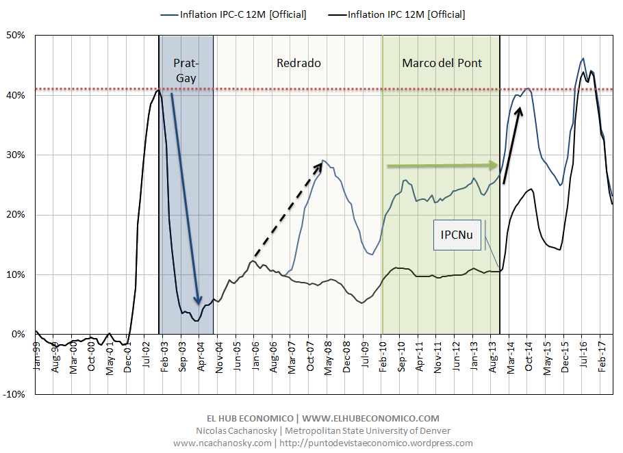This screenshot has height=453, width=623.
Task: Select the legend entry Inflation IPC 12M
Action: pos(407,14)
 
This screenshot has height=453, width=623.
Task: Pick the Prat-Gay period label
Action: pos(186,70)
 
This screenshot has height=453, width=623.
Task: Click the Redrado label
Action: pos(298,63)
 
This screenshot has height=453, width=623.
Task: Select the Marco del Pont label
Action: pos(442,63)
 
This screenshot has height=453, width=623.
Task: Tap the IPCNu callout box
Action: pos(457,235)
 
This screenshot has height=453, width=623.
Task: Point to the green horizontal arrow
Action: pos(442,165)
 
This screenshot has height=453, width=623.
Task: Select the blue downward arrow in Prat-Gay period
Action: pos(185,198)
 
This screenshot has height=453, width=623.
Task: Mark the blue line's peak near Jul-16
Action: pos(583,59)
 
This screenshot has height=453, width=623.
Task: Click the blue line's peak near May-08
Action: pos(324,161)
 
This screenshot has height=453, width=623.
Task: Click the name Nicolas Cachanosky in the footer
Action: pos(226,430)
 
